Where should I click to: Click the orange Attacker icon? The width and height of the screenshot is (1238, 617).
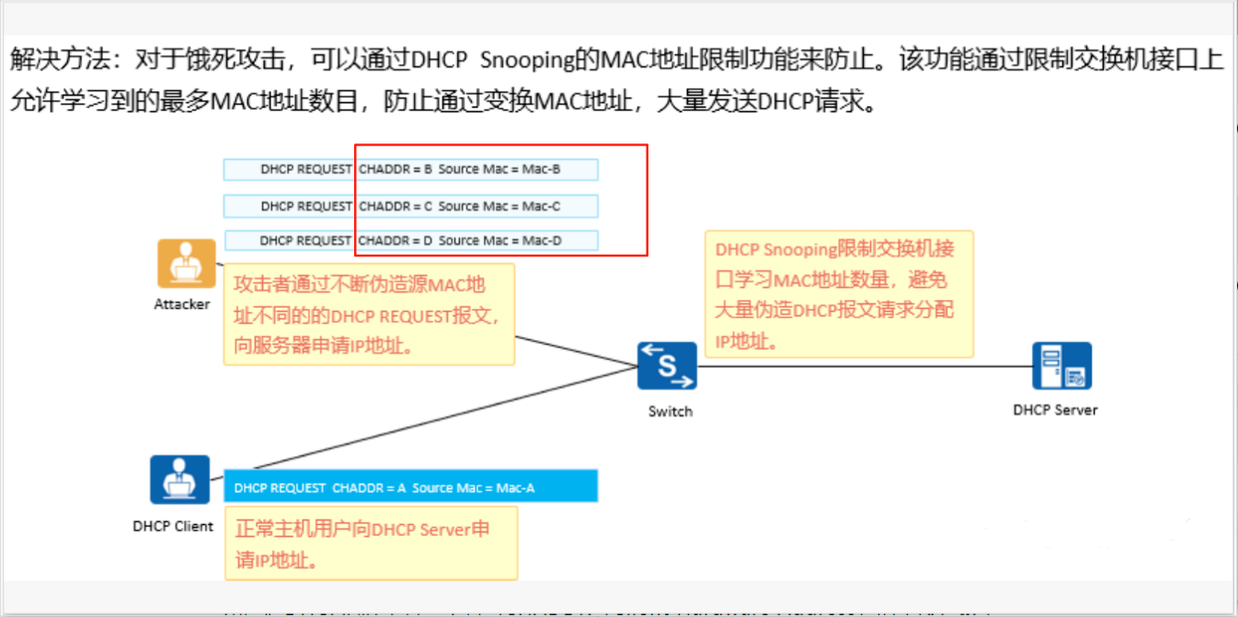click(186, 263)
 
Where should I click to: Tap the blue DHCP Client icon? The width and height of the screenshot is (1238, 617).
click(180, 479)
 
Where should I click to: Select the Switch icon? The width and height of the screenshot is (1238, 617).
click(667, 365)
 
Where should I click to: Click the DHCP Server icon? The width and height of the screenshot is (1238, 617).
click(1061, 366)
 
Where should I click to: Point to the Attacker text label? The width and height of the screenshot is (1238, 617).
click(182, 304)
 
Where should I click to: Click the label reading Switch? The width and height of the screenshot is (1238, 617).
click(670, 411)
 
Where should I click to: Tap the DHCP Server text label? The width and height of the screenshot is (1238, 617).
click(1055, 410)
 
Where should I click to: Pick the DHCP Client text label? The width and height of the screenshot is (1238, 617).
click(173, 527)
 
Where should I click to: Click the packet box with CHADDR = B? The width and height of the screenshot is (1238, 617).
click(410, 169)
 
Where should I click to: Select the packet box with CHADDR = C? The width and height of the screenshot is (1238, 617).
click(410, 206)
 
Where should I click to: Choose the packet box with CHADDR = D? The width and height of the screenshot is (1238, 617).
click(410, 241)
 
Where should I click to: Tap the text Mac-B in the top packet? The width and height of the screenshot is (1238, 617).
click(542, 169)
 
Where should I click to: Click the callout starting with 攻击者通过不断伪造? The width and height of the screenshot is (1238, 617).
click(368, 314)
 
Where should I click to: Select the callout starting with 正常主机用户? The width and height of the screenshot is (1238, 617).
click(370, 543)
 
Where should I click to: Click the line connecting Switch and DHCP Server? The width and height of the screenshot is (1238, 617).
click(865, 366)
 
